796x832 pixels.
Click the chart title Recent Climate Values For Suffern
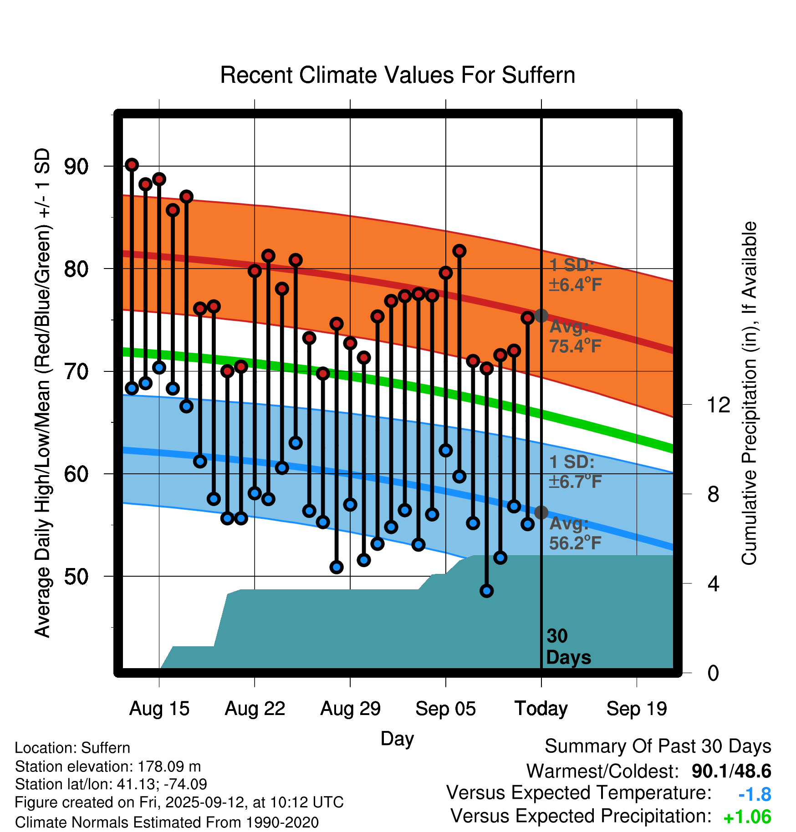tap(397, 75)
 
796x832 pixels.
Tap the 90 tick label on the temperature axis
tap(76, 167)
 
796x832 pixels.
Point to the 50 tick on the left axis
tap(76, 577)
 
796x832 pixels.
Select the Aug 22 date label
tap(255, 709)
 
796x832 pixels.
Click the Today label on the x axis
tap(541, 709)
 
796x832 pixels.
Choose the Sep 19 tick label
tap(637, 709)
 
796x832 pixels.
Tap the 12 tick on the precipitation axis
tap(718, 405)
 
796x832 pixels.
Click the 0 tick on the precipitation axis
tap(713, 673)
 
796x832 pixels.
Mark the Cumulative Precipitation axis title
tap(749, 393)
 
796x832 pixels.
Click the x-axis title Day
tap(397, 738)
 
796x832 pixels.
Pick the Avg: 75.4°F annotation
tap(575, 336)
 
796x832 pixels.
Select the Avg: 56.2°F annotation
tap(575, 533)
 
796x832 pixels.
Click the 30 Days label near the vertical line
tap(568, 647)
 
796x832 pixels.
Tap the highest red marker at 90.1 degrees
tap(132, 165)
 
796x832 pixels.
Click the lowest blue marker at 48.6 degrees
tap(487, 591)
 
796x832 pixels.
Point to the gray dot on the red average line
tap(541, 315)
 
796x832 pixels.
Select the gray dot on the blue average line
tap(541, 512)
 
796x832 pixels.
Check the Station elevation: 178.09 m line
tap(108, 766)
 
